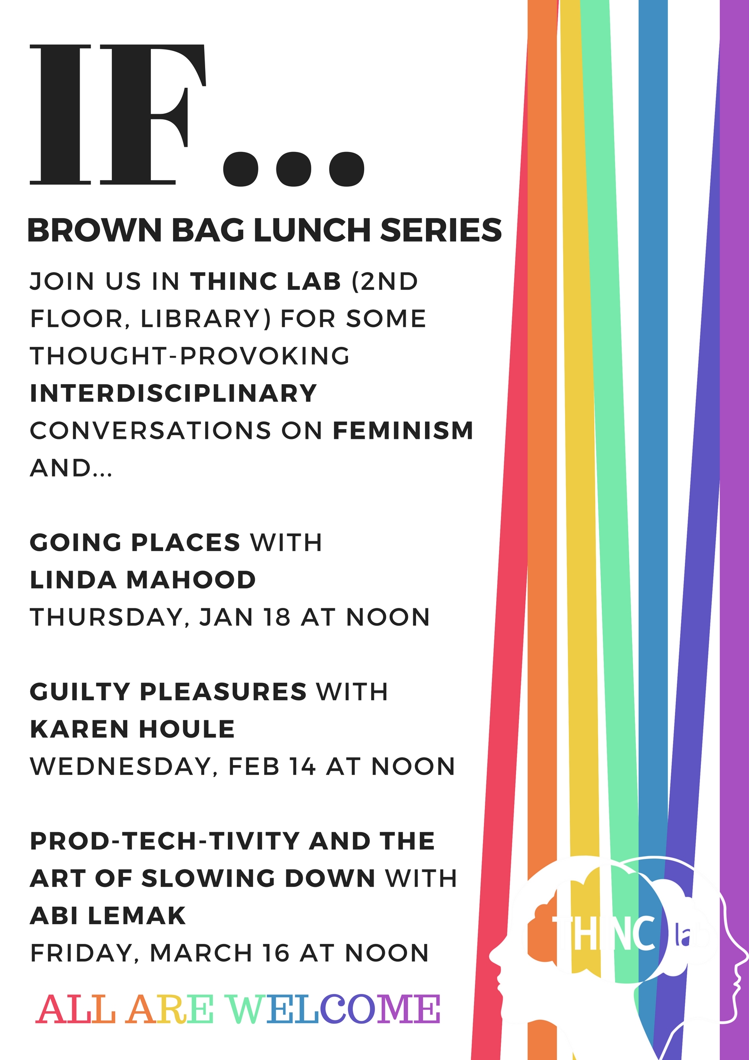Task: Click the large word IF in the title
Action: click(x=118, y=114)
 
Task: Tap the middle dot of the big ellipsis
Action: click(x=293, y=168)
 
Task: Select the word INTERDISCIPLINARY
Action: click(x=173, y=393)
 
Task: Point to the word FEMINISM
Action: click(x=403, y=430)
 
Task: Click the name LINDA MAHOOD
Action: click(x=142, y=580)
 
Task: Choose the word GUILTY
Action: click(x=80, y=692)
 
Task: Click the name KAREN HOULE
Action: click(x=132, y=729)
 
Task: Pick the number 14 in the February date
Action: click(x=302, y=766)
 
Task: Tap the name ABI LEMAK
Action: click(x=108, y=916)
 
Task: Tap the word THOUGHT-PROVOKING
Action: click(x=190, y=356)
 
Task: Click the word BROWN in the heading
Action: click(x=95, y=230)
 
